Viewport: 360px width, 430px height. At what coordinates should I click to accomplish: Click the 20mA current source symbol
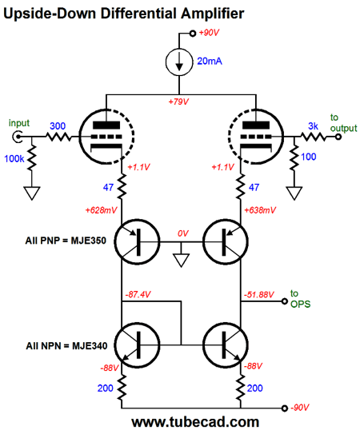click(179, 62)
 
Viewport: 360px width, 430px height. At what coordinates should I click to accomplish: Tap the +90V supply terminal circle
click(193, 34)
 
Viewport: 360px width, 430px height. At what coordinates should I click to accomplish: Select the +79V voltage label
click(178, 102)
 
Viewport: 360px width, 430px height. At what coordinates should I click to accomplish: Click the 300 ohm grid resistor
click(58, 137)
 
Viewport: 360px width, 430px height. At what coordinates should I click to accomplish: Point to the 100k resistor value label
click(14, 159)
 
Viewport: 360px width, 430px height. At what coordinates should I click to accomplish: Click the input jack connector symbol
click(18, 137)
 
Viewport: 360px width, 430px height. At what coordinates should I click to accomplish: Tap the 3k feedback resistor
click(313, 137)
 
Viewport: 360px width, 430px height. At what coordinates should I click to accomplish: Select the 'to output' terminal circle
click(338, 137)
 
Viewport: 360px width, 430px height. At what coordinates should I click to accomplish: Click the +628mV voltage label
click(101, 211)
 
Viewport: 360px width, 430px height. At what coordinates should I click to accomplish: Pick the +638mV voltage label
click(260, 211)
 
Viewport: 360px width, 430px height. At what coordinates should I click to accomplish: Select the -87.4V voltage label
click(138, 295)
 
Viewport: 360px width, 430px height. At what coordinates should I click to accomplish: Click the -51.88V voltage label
click(258, 295)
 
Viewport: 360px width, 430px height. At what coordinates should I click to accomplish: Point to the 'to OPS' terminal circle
click(285, 301)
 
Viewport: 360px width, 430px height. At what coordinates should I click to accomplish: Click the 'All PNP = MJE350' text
click(66, 241)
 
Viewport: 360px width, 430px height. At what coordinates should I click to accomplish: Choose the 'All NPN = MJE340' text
click(66, 346)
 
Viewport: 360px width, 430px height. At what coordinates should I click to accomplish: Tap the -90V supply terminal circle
click(285, 408)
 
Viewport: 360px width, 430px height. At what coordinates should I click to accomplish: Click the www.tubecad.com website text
click(195, 422)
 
